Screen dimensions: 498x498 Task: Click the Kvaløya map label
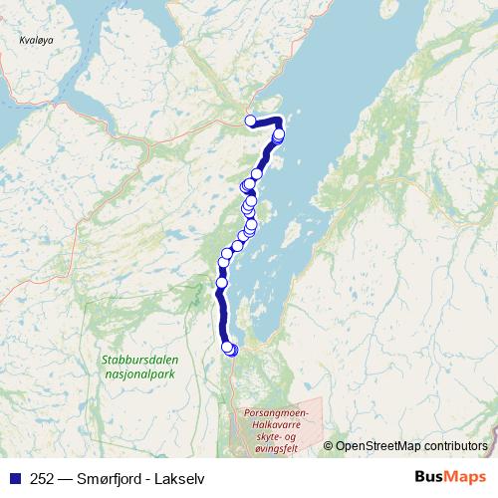point(36,41)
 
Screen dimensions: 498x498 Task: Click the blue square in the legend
point(13,478)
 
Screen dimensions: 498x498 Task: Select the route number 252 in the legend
point(43,478)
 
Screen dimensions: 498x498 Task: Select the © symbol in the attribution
point(329,446)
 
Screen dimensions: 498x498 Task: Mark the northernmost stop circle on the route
point(251,122)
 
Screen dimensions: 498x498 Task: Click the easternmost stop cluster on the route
point(279,134)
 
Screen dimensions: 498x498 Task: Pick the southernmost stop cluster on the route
point(230,349)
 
